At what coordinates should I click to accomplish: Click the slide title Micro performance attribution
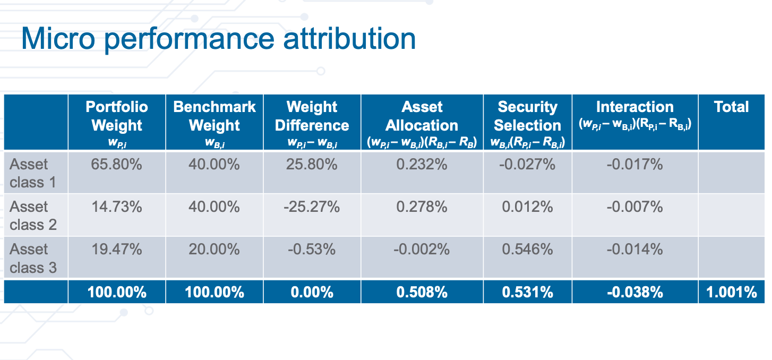[218, 38]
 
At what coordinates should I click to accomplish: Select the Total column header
[731, 107]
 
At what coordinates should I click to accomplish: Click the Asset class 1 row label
[33, 173]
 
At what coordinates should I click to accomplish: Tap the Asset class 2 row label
[33, 216]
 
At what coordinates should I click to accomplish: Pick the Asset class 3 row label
[33, 258]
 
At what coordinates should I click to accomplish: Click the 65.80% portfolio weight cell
[117, 165]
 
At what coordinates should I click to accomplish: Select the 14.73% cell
[117, 207]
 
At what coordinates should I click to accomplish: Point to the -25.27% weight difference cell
[312, 207]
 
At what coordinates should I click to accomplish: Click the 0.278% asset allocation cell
[422, 207]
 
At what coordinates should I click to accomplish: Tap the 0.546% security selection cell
[527, 250]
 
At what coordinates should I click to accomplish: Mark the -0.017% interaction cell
[634, 165]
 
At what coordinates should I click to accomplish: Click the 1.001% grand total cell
[731, 293]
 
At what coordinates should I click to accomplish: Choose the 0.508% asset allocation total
[422, 293]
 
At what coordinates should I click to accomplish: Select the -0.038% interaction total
[634, 293]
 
